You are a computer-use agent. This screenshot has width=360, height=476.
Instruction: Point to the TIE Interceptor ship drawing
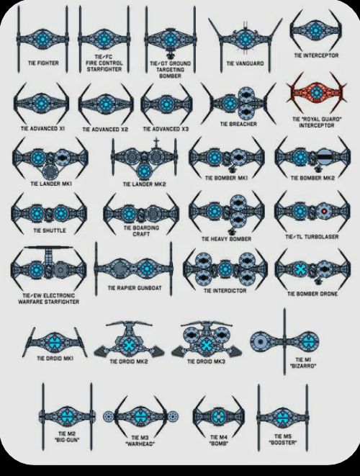point(315,30)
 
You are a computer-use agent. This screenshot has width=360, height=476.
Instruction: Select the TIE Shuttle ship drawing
point(48,210)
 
